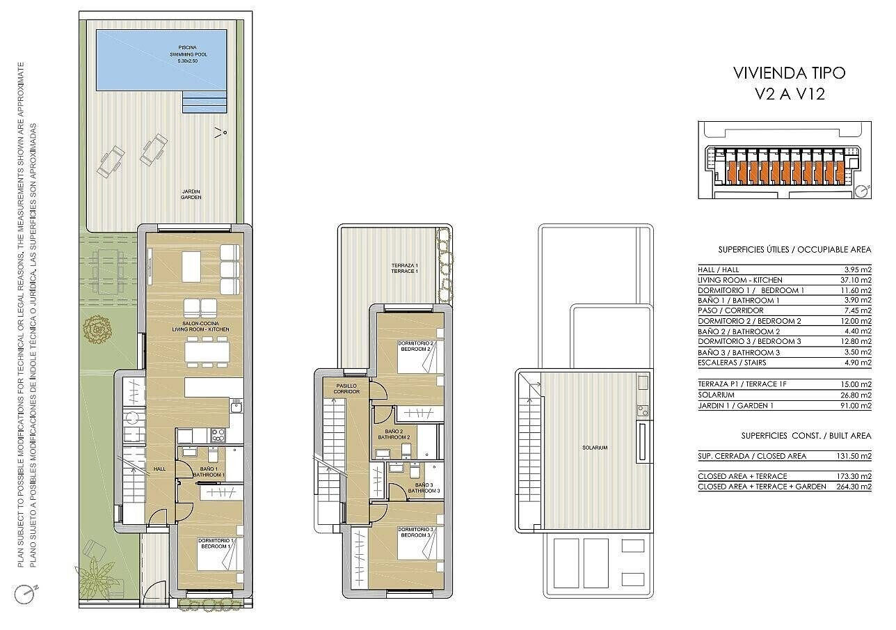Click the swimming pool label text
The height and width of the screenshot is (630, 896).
(188, 54)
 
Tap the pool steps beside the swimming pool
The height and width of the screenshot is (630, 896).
(204, 102)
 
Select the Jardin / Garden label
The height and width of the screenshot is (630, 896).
(191, 194)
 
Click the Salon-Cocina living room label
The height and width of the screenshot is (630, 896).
(200, 326)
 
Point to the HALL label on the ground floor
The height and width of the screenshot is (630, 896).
(159, 468)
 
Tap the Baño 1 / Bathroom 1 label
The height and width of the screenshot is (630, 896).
(209, 472)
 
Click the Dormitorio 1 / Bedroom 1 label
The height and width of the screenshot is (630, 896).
(215, 543)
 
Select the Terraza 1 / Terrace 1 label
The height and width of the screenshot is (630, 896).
(404, 268)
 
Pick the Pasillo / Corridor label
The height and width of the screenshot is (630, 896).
(346, 388)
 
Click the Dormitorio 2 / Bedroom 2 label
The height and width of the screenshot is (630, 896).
(415, 346)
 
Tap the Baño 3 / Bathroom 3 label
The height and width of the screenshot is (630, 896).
(424, 488)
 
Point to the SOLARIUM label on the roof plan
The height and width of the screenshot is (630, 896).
(595, 448)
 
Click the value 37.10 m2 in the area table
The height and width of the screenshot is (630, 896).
(856, 280)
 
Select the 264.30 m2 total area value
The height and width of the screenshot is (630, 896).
(854, 487)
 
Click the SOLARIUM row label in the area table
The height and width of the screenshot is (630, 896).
(716, 395)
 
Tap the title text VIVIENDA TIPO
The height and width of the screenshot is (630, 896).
(789, 73)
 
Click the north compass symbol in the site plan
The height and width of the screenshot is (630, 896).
(863, 191)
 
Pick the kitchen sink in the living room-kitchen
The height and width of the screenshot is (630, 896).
(236, 407)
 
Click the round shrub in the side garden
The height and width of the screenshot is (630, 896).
(97, 329)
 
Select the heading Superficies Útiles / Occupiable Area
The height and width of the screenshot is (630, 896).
(794, 250)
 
